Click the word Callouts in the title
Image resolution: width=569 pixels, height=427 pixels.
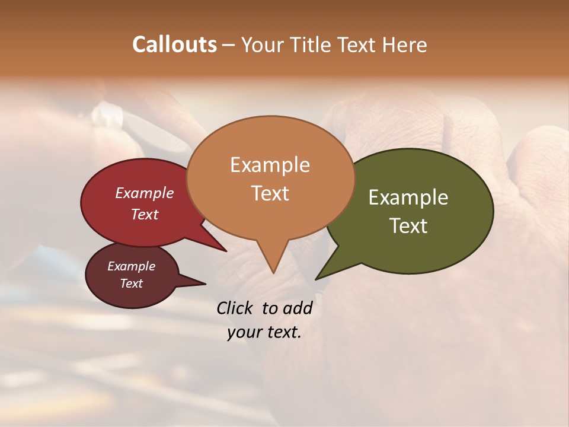click(174, 44)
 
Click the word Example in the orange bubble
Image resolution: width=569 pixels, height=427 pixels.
click(270, 165)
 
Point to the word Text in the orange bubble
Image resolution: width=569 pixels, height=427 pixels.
click(270, 193)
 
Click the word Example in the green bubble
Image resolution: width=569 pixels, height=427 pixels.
click(408, 197)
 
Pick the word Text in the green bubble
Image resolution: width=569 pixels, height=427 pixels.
click(408, 226)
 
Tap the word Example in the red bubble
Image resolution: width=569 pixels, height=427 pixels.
click(145, 193)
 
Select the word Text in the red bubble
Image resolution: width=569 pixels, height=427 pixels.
click(145, 214)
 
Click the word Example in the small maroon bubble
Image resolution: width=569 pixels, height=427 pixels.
click(131, 266)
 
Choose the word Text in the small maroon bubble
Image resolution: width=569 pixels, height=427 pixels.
click(131, 283)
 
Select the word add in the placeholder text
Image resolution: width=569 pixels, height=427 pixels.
click(298, 308)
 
